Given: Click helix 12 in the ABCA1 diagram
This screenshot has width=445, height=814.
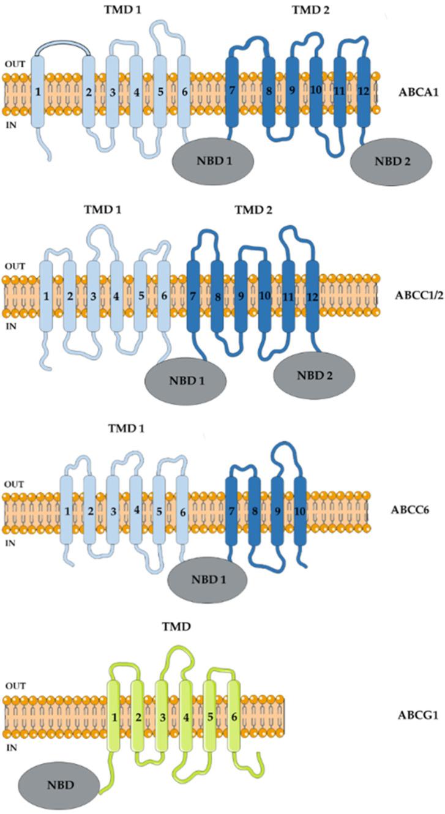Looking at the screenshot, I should pyautogui.click(x=364, y=92).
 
